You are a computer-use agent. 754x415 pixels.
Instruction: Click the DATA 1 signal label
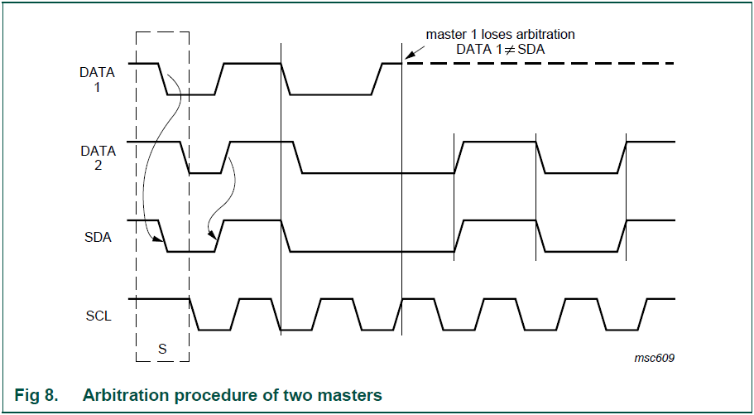click(x=97, y=79)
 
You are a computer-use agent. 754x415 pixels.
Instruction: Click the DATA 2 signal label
click(x=97, y=158)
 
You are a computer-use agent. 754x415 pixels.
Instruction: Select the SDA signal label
click(x=97, y=237)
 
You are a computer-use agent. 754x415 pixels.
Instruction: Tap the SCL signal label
click(x=98, y=316)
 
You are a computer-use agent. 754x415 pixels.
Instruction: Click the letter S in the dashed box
click(x=162, y=349)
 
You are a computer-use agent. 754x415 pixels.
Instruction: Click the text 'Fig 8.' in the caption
click(x=37, y=395)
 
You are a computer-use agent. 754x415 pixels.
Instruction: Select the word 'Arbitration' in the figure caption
click(x=122, y=395)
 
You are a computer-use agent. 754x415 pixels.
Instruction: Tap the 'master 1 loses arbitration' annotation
click(x=500, y=35)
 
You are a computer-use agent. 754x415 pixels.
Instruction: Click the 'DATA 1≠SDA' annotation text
click(x=501, y=50)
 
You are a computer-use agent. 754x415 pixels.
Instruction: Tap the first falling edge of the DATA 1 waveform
click(x=163, y=79)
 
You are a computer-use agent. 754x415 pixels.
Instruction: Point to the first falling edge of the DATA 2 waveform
click(x=185, y=157)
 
